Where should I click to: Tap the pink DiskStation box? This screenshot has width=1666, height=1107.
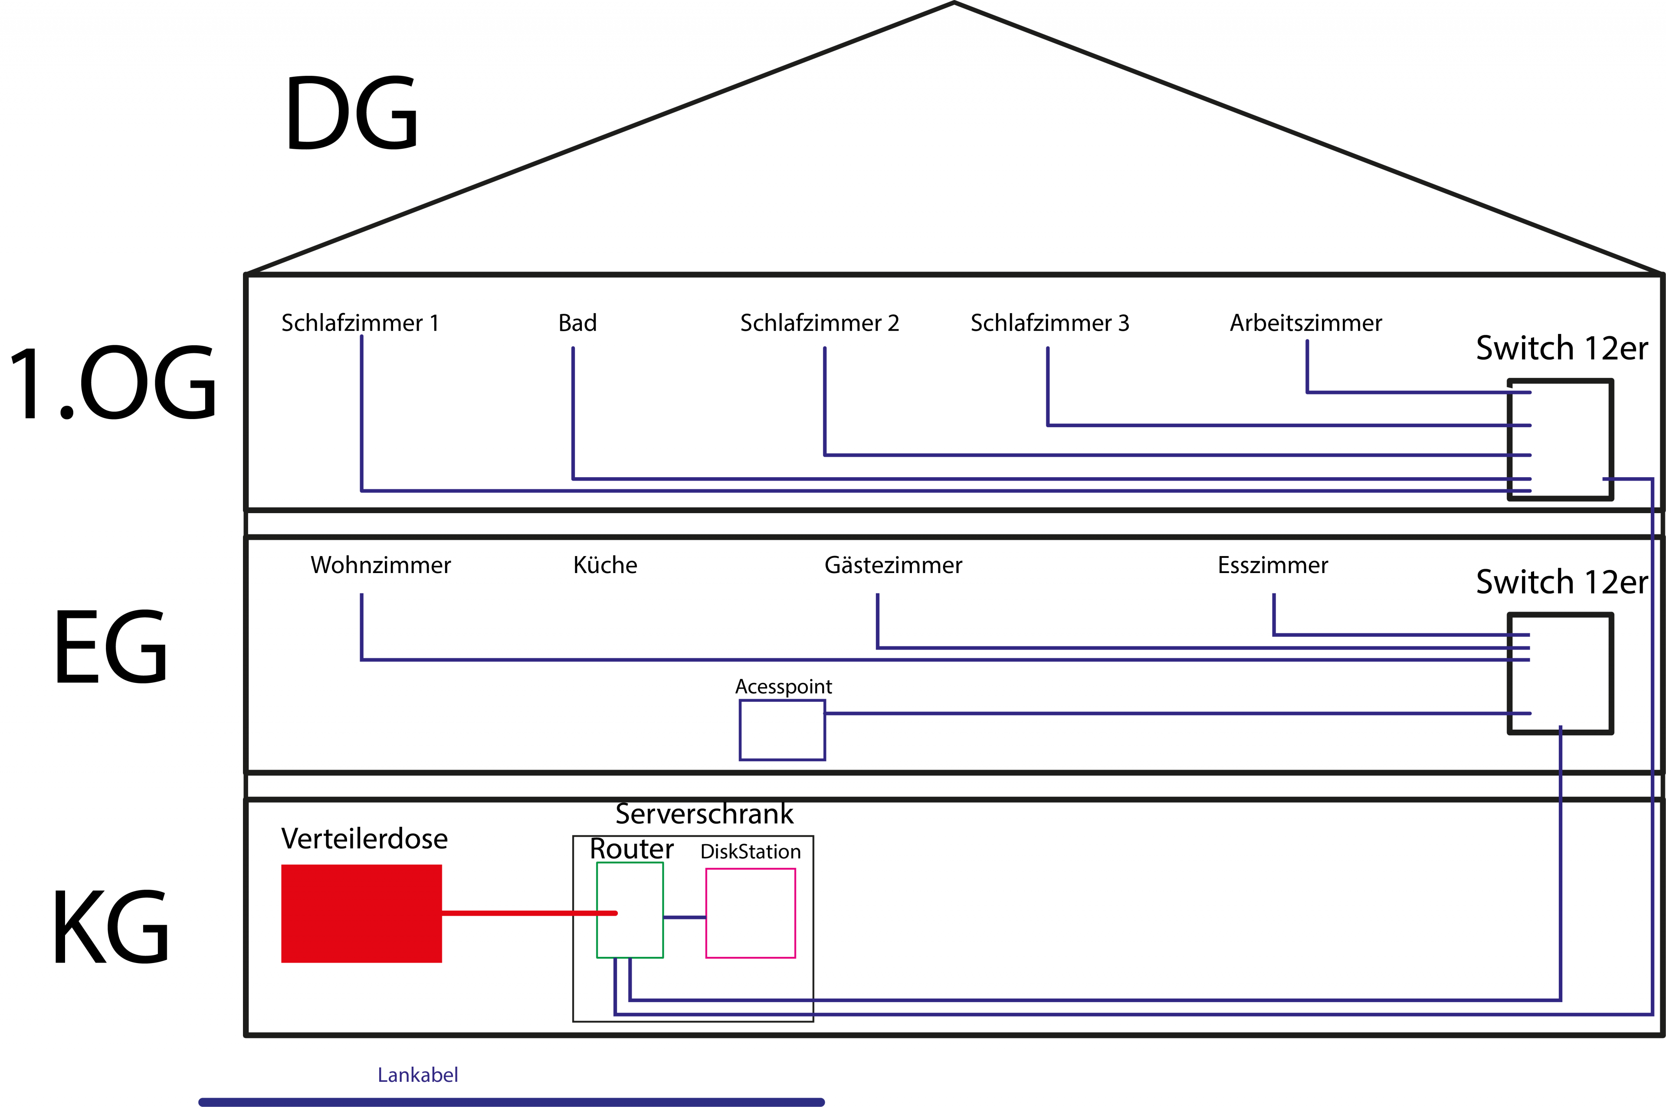click(x=751, y=913)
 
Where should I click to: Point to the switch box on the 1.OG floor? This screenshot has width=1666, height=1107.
click(x=1560, y=439)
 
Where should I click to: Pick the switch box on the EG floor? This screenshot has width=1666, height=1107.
click(x=1560, y=674)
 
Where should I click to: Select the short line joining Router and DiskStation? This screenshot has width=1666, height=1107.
click(x=684, y=917)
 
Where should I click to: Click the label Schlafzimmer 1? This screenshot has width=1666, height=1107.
click(x=360, y=323)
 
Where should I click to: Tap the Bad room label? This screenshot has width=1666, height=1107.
click(x=577, y=323)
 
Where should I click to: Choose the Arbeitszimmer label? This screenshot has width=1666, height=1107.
click(x=1305, y=323)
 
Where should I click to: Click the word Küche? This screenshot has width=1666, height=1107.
click(x=605, y=565)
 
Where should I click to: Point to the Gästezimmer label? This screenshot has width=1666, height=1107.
click(x=893, y=565)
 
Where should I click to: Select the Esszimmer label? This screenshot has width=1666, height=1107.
click(x=1273, y=565)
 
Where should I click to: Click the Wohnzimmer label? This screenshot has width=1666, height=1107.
click(x=380, y=565)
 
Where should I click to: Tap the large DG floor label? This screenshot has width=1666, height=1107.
click(x=351, y=113)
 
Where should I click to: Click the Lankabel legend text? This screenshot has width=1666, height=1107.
click(x=418, y=1074)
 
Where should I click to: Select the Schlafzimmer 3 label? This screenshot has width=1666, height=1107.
click(x=1050, y=323)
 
